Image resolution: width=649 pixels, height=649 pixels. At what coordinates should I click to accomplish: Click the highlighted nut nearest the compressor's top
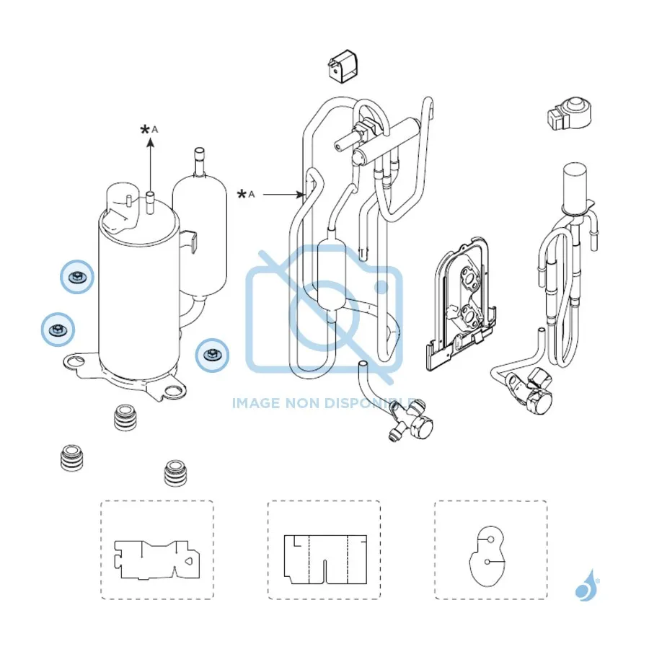[x=76, y=277]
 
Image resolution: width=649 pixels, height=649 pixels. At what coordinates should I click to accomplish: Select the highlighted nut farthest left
[x=58, y=330]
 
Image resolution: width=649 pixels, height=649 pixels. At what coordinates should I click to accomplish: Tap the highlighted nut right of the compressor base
[x=212, y=355]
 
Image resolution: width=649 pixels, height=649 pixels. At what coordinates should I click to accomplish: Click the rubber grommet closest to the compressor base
[x=125, y=418]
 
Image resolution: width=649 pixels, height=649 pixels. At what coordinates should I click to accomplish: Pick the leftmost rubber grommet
[x=71, y=458]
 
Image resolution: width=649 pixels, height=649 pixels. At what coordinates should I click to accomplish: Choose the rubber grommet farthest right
[x=175, y=472]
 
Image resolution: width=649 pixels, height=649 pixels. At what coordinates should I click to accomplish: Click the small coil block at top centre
[x=343, y=66]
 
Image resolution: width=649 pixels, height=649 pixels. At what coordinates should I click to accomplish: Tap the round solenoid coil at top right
[x=570, y=113]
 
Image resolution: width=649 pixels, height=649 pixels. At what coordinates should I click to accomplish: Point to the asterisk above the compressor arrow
[x=145, y=130]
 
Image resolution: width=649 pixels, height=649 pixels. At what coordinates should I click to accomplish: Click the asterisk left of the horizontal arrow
[x=242, y=194]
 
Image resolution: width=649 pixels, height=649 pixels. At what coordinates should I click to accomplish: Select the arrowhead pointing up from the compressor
[x=151, y=143]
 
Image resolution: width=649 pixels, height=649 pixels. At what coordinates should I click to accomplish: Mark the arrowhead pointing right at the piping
[x=300, y=194]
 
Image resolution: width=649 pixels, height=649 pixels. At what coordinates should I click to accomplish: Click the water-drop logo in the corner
[x=586, y=586]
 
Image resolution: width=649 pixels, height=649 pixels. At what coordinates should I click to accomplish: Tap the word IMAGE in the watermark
[x=256, y=402]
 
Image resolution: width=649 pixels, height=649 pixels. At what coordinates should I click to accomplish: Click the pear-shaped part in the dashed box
[x=487, y=555]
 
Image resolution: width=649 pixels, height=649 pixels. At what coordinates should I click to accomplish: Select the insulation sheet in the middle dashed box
[x=325, y=559]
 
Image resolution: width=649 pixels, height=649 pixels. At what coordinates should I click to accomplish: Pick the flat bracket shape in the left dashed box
[x=157, y=560]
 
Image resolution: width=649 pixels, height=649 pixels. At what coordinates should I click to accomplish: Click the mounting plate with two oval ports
[x=461, y=304]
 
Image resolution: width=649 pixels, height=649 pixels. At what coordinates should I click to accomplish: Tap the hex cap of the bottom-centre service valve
[x=421, y=426]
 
